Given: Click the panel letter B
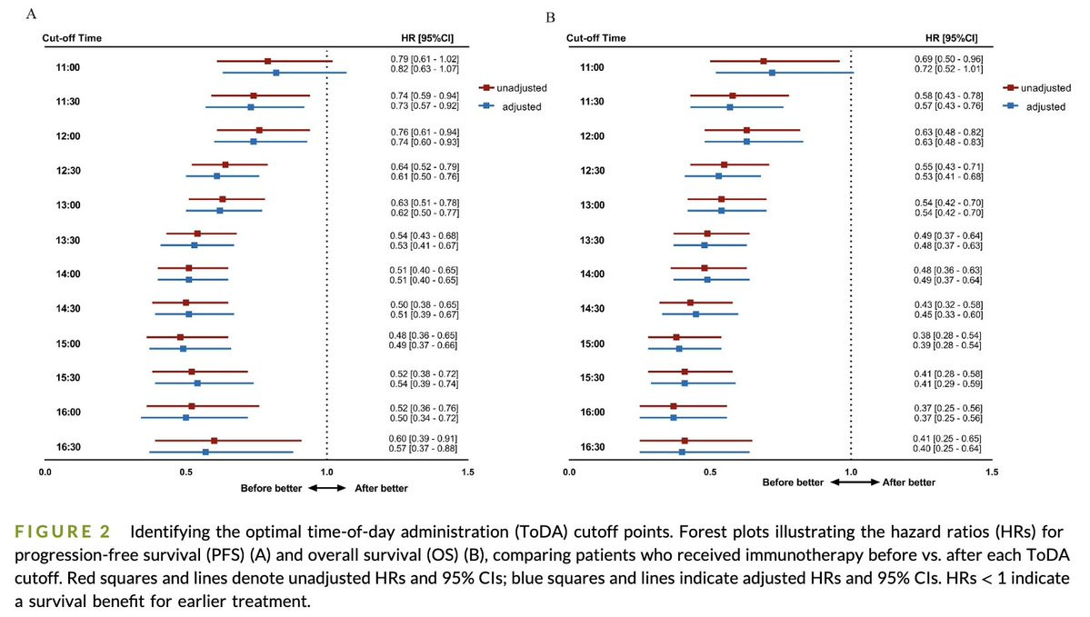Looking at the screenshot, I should point(549,17).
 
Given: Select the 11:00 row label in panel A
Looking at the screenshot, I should point(66,67).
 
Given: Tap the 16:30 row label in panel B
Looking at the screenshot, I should point(592,447).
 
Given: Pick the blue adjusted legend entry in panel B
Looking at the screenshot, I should point(1036,106).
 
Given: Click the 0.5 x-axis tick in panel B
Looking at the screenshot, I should point(710,473).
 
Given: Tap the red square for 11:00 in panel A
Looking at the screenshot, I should point(267,61).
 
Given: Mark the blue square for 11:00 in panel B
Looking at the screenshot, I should point(772,73).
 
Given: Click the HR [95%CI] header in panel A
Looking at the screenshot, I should point(421,38).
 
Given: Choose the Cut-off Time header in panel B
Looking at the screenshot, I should point(595,38).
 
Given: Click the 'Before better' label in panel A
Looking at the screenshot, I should point(270,488).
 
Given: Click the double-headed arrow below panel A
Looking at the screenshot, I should point(326,488).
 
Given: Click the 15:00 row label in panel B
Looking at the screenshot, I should point(592,343).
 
